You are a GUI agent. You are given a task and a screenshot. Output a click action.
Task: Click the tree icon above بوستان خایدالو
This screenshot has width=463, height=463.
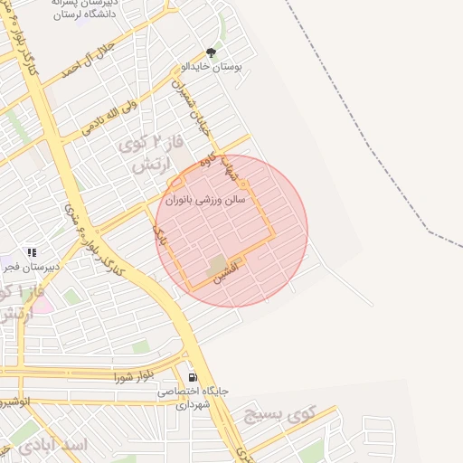(212, 53)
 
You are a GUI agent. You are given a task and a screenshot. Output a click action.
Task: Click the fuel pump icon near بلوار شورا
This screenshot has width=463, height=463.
(193, 378)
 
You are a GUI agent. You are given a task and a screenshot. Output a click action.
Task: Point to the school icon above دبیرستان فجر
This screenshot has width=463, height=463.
(31, 253)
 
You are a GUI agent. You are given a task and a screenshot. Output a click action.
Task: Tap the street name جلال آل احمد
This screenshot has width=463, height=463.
(87, 60)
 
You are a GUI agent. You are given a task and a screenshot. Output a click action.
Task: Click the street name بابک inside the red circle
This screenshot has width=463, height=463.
(162, 238)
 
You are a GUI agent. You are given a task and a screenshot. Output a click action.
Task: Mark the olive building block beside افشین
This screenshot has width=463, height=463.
(217, 266)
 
